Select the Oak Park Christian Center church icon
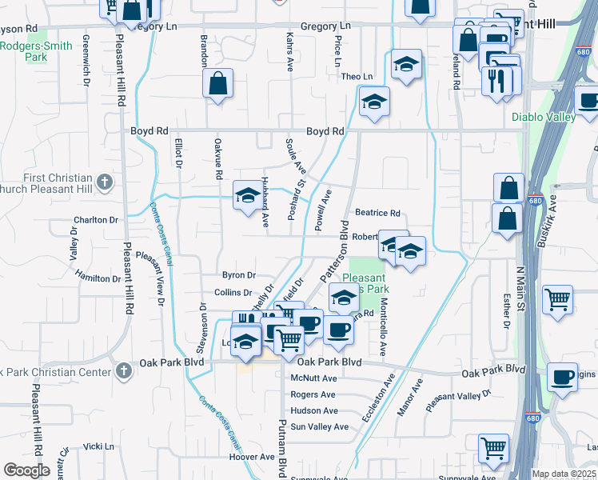coord(122,370)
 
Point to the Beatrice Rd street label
coord(377,213)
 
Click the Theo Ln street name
coord(357,77)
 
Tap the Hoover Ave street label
coord(252,457)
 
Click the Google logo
coord(26,470)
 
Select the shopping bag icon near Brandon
coord(217,83)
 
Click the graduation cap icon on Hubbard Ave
coord(247,194)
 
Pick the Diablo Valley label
coord(544,118)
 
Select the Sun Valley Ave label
coord(320,426)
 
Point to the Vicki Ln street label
coord(99,446)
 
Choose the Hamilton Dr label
coord(98,278)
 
